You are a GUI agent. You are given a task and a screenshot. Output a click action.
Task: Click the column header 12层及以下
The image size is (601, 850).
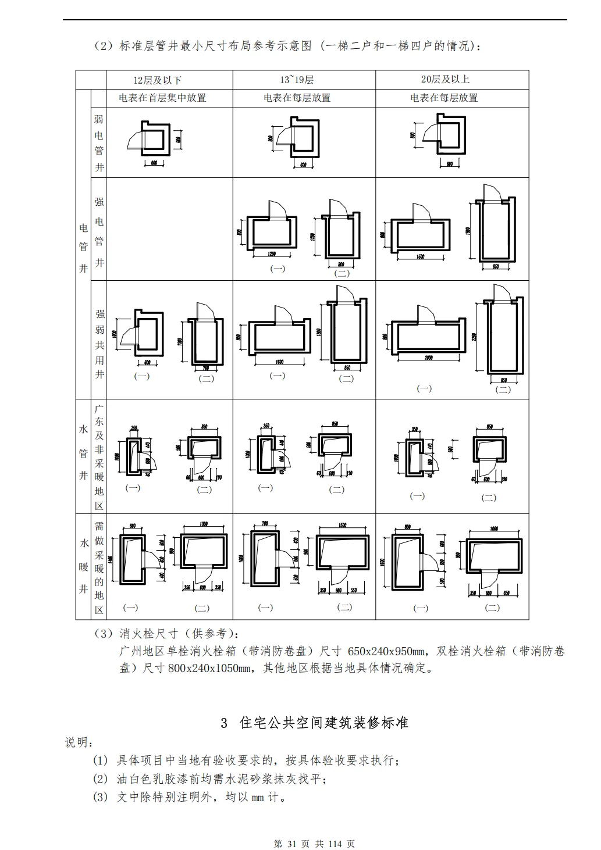click(x=157, y=80)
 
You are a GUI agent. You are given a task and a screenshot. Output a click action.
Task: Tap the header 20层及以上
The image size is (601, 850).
click(x=445, y=79)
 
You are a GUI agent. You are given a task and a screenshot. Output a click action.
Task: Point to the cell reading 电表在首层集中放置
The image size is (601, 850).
click(x=162, y=98)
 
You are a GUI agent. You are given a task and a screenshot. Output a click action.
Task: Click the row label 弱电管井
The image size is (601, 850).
click(x=99, y=142)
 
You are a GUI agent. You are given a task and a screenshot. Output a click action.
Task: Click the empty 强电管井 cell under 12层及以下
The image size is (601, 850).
click(x=169, y=229)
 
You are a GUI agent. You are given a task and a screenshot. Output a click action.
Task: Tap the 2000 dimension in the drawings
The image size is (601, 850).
click(x=428, y=358)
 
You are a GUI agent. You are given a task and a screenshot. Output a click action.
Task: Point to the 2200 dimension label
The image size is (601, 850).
click(x=475, y=337)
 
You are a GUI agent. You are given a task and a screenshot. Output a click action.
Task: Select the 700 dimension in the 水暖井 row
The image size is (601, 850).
click(x=265, y=524)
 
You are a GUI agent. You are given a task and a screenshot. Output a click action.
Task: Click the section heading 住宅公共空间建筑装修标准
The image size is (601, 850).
click(x=323, y=723)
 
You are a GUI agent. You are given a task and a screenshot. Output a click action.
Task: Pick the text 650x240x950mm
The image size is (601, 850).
click(x=389, y=651)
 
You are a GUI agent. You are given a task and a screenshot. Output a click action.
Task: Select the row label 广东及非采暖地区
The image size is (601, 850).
click(x=99, y=456)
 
